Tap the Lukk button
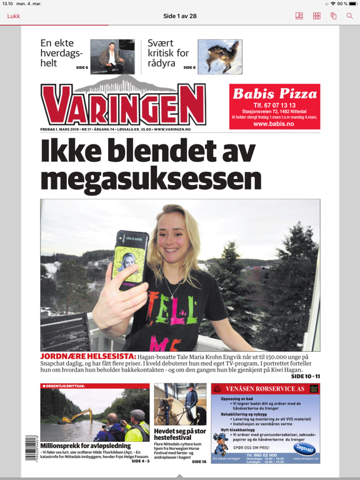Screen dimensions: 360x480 14,16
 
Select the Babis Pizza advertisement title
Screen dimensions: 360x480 275,94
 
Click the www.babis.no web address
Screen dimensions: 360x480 275,124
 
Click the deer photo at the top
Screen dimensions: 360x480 219,56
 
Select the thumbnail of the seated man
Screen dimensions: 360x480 112,56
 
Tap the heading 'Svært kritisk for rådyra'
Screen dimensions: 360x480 167,53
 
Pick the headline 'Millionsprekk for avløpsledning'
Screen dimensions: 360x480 86,446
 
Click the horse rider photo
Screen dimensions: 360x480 180,404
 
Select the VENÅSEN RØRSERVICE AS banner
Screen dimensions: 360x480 266,389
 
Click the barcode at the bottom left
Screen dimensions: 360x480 31,448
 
